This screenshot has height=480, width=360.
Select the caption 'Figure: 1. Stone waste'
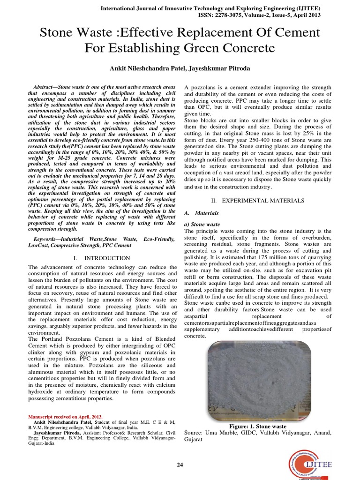tap(257, 427)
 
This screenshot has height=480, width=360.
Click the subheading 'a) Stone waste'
tap(202, 225)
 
